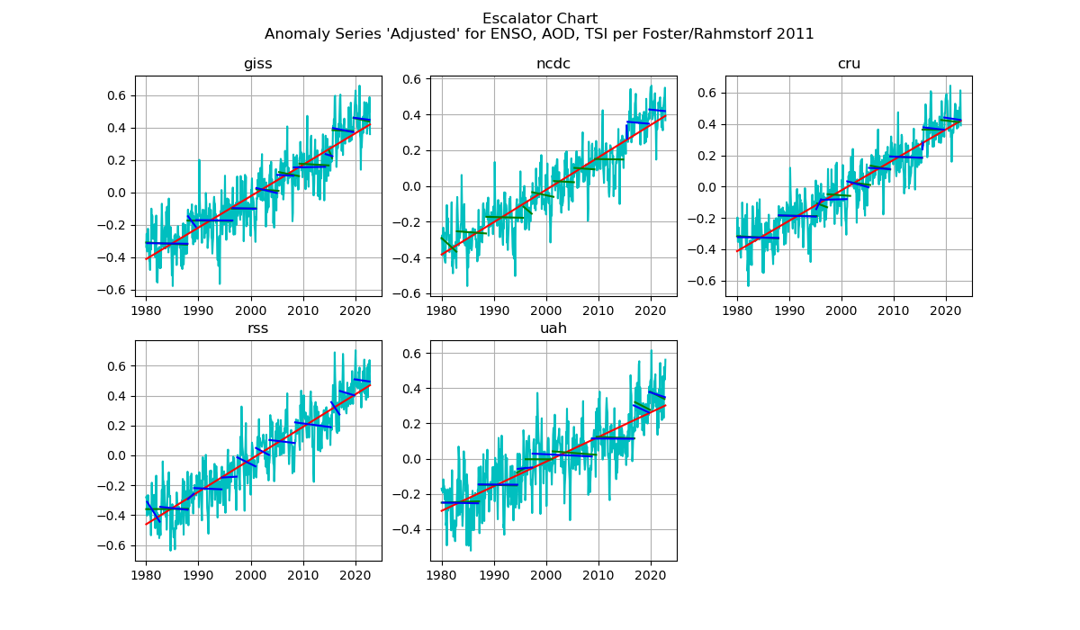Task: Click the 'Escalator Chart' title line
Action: tap(539, 19)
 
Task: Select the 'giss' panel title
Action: tap(257, 64)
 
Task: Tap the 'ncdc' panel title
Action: tap(553, 64)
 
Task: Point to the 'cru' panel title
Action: tap(848, 64)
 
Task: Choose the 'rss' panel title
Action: tap(257, 328)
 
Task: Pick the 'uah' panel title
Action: tap(553, 328)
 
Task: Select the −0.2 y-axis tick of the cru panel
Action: tap(706, 218)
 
